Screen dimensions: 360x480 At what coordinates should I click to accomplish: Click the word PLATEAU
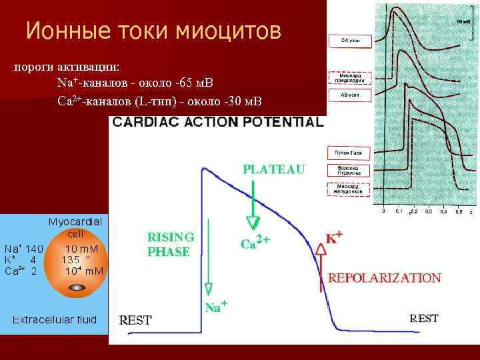(274, 169)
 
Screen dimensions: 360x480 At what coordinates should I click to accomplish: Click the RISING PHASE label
(171, 245)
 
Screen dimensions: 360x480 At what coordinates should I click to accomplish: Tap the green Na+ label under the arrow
(217, 307)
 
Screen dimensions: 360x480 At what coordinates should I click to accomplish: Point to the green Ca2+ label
(255, 244)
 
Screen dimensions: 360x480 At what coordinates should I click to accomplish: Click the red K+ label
(334, 237)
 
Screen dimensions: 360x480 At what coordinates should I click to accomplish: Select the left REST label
(135, 320)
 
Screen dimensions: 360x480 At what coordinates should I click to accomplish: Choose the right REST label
(424, 319)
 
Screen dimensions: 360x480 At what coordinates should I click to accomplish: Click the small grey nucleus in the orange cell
(77, 288)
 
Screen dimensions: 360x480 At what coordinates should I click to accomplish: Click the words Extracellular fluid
(55, 320)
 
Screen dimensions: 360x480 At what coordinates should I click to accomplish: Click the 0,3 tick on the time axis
(429, 211)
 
